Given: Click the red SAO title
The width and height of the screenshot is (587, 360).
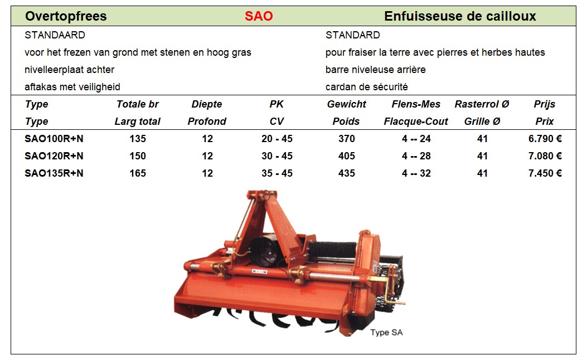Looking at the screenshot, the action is point(259,16).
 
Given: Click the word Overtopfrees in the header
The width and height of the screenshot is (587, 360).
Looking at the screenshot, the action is point(66,16).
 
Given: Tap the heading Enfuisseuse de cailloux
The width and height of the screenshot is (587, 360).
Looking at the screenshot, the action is point(460,16).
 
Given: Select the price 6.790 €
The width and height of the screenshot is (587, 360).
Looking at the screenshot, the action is point(545,139).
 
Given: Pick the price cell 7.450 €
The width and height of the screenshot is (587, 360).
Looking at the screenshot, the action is point(545,173).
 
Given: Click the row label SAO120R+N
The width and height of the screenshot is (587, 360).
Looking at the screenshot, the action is point(54,156).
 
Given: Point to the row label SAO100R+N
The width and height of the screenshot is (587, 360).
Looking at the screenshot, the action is point(54,139).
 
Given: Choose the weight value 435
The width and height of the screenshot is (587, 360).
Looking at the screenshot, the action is point(347,173).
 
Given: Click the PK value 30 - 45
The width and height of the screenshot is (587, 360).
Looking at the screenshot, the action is point(277,156).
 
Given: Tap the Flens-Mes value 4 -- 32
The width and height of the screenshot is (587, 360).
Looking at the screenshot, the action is point(416,173).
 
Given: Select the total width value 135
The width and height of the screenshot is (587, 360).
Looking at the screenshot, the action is point(138,139).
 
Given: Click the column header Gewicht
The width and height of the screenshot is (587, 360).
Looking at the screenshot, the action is point(347,104).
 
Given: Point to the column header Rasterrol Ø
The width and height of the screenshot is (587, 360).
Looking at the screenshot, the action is point(482,104).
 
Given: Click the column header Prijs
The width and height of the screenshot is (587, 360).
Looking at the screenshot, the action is point(544,104).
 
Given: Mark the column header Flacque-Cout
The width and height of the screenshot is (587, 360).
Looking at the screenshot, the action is point(416,121).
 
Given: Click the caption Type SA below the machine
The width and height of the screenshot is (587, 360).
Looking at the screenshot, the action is point(386,332).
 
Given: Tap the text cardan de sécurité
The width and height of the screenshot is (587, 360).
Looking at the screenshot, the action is point(366,87).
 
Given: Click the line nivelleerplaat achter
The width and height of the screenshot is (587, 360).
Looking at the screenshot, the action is point(69,70).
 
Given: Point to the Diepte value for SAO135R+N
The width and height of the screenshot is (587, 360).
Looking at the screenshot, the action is point(207,173).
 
